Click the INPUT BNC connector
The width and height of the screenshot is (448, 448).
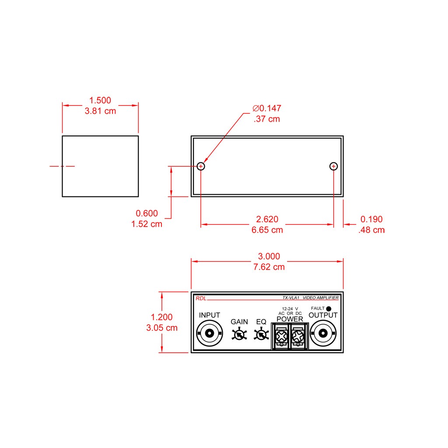pyautogui.click(x=210, y=333)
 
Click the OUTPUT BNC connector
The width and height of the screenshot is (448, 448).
pyautogui.click(x=323, y=333)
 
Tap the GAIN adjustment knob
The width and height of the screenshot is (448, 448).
pyautogui.click(x=239, y=335)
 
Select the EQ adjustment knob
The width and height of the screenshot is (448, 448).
pyautogui.click(x=261, y=335)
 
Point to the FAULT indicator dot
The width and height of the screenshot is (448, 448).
pyautogui.click(x=329, y=308)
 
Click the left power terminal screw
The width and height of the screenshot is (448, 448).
pyautogui.click(x=281, y=336)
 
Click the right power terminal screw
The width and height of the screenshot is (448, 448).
pyautogui.click(x=298, y=336)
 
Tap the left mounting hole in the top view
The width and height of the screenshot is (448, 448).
pyautogui.click(x=201, y=166)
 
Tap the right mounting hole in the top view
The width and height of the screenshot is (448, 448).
pyautogui.click(x=333, y=166)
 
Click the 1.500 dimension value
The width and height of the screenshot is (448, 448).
pyautogui.click(x=100, y=100)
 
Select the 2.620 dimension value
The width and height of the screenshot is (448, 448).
pyautogui.click(x=267, y=219)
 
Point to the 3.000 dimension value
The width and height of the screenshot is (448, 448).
pyautogui.click(x=269, y=256)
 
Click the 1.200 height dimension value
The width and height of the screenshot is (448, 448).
pyautogui.click(x=162, y=317)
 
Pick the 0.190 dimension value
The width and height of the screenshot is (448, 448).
pyautogui.click(x=371, y=219)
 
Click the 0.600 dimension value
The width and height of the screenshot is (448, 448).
pyautogui.click(x=147, y=213)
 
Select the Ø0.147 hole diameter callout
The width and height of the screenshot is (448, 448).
pyautogui.click(x=267, y=108)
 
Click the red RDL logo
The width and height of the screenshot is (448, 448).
pyautogui.click(x=201, y=298)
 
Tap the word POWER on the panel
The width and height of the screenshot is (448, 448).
pyautogui.click(x=290, y=319)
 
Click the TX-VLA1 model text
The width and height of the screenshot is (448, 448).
pyautogui.click(x=291, y=297)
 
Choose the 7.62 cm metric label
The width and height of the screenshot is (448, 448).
pyautogui.click(x=269, y=267)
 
